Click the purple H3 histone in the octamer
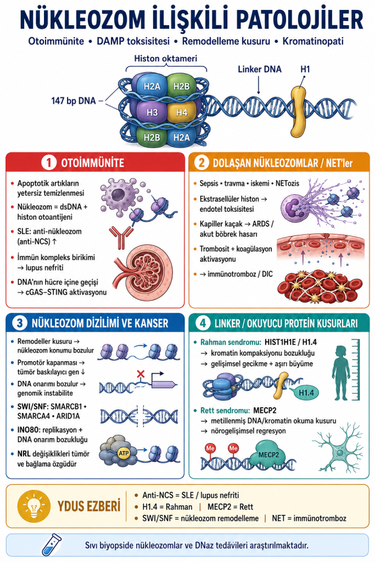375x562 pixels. [x=152, y=112]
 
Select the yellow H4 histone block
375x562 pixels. [x=181, y=112]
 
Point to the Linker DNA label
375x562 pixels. [x=260, y=69]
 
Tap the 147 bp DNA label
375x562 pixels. [x=74, y=101]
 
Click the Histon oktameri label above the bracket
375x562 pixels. [x=166, y=58]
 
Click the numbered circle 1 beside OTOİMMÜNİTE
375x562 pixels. [x=49, y=162]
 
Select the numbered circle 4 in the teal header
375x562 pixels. [x=203, y=323]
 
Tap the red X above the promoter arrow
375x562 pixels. [x=141, y=374]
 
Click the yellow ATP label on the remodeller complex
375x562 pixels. [x=124, y=453]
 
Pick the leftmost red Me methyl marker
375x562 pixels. [x=210, y=448]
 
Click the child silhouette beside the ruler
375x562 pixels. [x=340, y=373]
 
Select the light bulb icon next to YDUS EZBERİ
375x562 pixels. [x=34, y=507]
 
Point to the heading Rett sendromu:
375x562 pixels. [x=225, y=411]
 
